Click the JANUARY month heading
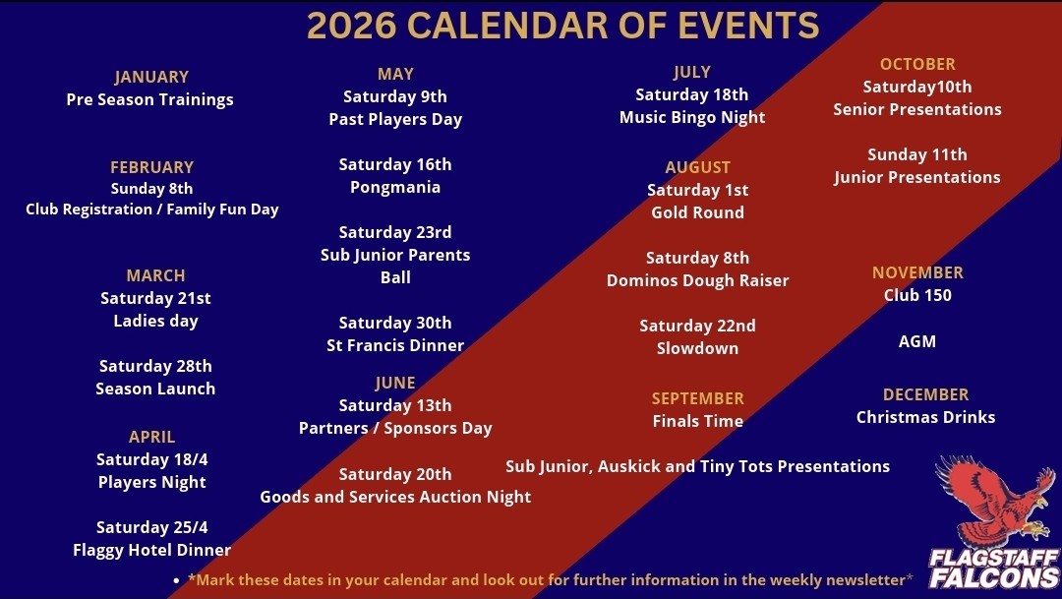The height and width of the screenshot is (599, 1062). [151, 77]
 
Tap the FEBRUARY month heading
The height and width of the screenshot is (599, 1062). [151, 167]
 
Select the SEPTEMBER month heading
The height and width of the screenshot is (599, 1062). [697, 398]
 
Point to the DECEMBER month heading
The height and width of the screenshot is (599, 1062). [925, 394]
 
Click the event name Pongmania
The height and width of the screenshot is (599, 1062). [395, 187]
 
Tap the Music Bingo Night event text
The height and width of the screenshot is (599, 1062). [692, 117]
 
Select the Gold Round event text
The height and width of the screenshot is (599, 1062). [697, 212]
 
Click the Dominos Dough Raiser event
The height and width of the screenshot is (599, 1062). [697, 280]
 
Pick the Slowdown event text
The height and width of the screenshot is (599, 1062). [697, 348]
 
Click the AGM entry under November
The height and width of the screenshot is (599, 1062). [916, 341]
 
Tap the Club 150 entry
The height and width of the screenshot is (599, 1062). [916, 295]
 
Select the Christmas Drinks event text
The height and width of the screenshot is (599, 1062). [925, 417]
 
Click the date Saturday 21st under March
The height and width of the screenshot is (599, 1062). [155, 298]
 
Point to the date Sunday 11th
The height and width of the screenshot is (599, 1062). [916, 154]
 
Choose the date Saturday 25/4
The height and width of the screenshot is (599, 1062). [151, 527]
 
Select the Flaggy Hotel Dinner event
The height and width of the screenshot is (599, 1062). [151, 550]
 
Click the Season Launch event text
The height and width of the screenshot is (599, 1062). [155, 389]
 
